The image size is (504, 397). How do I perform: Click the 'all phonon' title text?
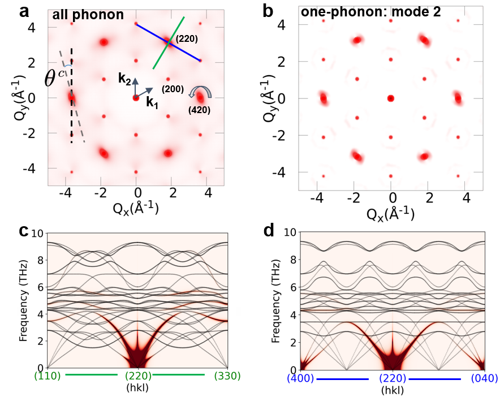(x=88, y=15)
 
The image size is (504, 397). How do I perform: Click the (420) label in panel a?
(x=199, y=111)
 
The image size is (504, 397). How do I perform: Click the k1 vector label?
(x=152, y=103)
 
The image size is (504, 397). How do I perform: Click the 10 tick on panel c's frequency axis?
(x=36, y=232)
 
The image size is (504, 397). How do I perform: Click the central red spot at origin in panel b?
(x=390, y=98)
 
